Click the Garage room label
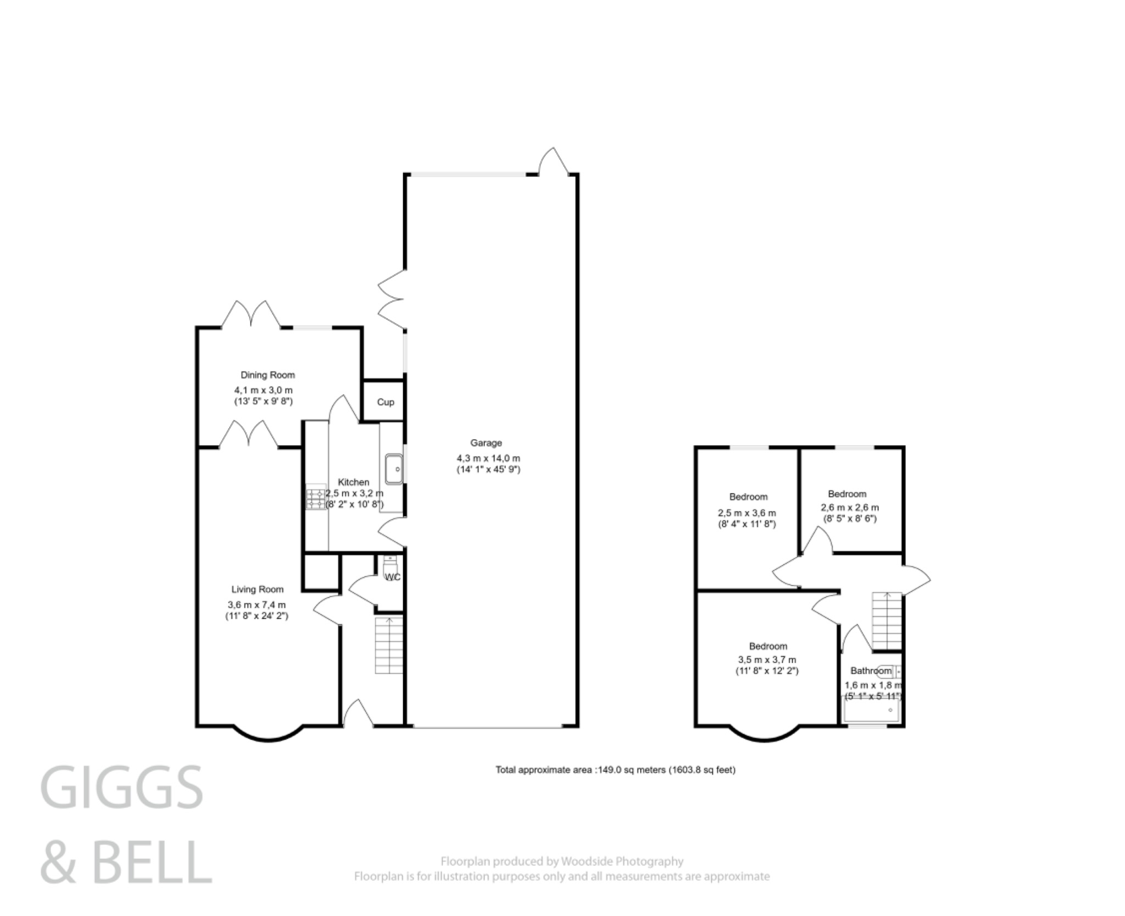pos(486,443)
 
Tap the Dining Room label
pos(268,375)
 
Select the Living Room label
pos(257,590)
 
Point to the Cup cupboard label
pos(385,402)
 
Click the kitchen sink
pos(394,469)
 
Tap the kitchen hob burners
pos(316,497)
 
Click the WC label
pos(393,577)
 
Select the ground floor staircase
pos(389,646)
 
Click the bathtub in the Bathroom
pos(871,711)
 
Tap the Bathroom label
pos(871,671)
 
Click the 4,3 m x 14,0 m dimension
pos(488,458)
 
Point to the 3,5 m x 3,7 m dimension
pos(767,660)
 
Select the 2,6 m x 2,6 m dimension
pos(850,508)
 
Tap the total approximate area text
pos(615,770)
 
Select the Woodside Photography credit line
pos(561,862)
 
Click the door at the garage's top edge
pos(553,161)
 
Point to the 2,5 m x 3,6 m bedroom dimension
pos(747,513)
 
